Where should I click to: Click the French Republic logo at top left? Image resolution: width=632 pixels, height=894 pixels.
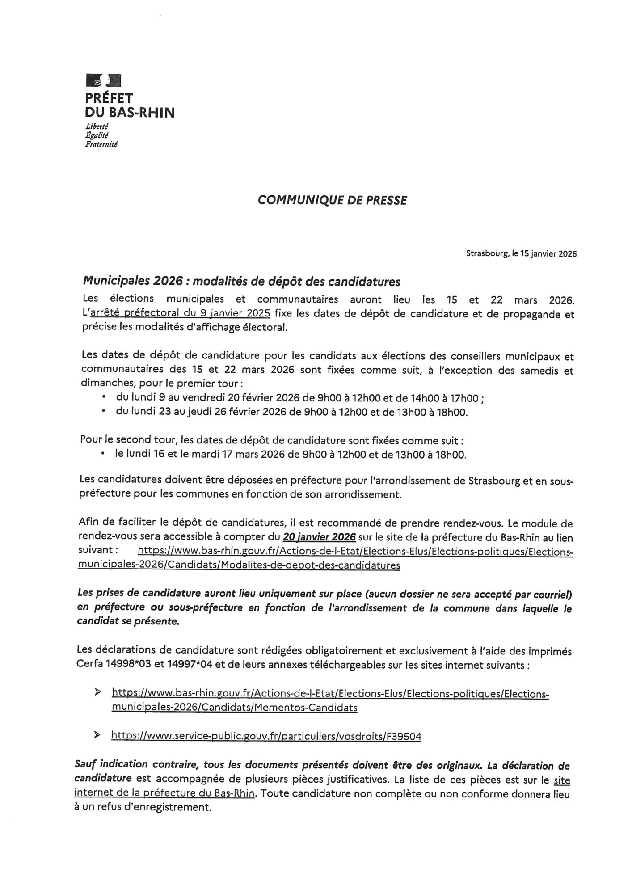point(103,80)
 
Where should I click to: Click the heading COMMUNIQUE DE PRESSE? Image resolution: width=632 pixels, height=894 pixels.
point(332,200)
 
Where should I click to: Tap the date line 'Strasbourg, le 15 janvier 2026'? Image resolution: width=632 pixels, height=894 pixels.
point(521,254)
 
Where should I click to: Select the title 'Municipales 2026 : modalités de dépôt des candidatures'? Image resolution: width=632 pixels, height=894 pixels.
point(241,282)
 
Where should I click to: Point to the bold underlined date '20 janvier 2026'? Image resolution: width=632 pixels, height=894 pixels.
point(320,537)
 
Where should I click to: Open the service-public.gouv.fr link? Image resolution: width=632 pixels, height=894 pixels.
point(266,736)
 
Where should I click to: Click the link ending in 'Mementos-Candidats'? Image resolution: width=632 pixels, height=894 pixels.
point(234,708)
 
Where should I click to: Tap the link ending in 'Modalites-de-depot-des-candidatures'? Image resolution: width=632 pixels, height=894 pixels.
point(239,565)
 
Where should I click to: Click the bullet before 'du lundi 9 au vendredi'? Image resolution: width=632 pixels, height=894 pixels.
point(104,397)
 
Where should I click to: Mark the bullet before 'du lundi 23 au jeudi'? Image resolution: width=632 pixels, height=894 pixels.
point(104,411)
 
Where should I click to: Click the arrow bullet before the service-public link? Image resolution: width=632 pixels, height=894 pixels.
point(97,736)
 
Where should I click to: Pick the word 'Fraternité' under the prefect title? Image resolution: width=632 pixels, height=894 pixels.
point(101,144)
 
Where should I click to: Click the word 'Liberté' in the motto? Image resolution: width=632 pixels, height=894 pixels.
point(93,127)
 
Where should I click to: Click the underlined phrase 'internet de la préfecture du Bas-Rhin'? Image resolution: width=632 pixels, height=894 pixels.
point(164,794)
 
